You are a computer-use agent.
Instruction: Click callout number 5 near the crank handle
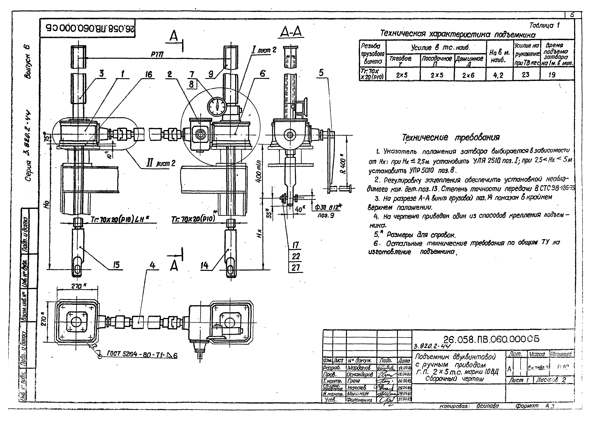(x=321, y=73)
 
